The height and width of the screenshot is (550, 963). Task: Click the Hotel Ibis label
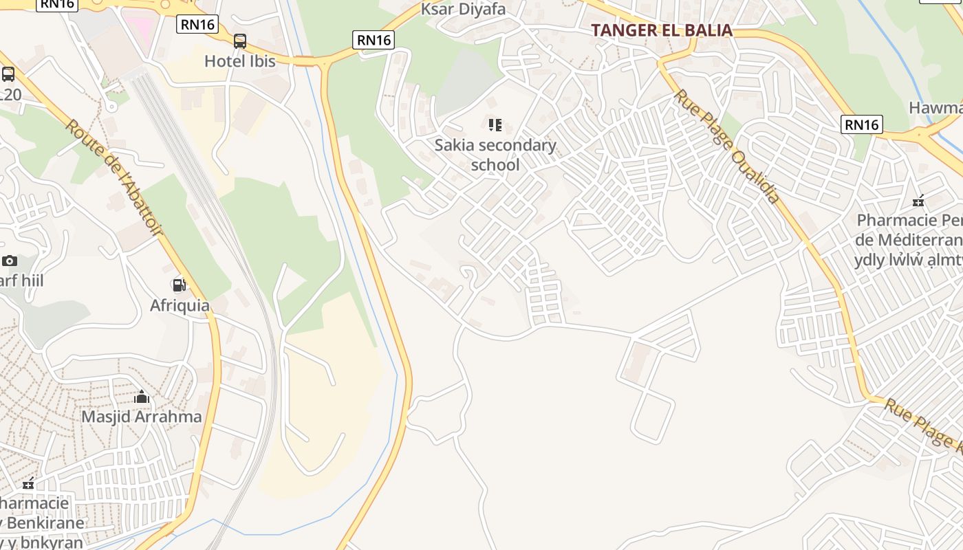pyautogui.click(x=239, y=61)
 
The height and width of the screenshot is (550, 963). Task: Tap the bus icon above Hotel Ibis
pyautogui.click(x=239, y=41)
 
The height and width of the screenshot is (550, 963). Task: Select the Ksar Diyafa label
pyautogui.click(x=463, y=9)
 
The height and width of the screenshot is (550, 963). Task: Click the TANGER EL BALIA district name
pyautogui.click(x=661, y=30)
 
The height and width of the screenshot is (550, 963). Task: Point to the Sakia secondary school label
pyautogui.click(x=495, y=155)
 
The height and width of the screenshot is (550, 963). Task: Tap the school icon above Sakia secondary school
pyautogui.click(x=495, y=125)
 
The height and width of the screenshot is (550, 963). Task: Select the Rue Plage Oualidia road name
pyautogui.click(x=727, y=146)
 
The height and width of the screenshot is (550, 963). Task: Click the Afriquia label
pyautogui.click(x=180, y=305)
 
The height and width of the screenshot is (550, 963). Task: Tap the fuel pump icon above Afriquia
pyautogui.click(x=179, y=285)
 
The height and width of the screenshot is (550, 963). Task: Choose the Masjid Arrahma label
pyautogui.click(x=142, y=417)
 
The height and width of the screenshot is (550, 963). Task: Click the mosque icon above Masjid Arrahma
pyautogui.click(x=142, y=397)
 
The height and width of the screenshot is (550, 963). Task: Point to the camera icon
pyautogui.click(x=10, y=261)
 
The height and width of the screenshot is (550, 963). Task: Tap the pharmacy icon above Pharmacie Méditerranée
pyautogui.click(x=918, y=201)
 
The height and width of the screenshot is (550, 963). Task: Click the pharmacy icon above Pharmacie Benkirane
pyautogui.click(x=28, y=483)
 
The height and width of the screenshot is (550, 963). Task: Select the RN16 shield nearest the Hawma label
pyautogui.click(x=861, y=124)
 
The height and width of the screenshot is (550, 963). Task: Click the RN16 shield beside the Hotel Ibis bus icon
pyautogui.click(x=197, y=25)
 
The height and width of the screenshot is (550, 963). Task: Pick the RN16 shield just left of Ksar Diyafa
pyautogui.click(x=374, y=40)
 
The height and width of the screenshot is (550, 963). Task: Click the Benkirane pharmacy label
pyautogui.click(x=43, y=522)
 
